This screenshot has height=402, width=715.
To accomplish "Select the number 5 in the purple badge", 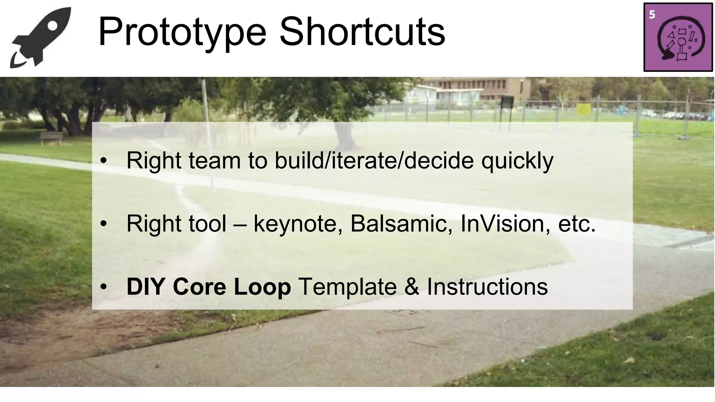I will tap(652, 15).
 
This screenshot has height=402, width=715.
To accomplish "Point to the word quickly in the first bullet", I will tap(517, 161).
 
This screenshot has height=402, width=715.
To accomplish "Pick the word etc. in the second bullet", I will tap(577, 224).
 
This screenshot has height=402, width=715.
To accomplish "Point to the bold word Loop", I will tap(262, 287).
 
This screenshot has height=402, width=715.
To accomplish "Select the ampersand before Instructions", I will tap(412, 287).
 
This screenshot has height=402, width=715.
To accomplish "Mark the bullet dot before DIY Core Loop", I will tap(103, 287).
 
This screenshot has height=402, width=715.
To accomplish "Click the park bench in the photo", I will tap(51, 137).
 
